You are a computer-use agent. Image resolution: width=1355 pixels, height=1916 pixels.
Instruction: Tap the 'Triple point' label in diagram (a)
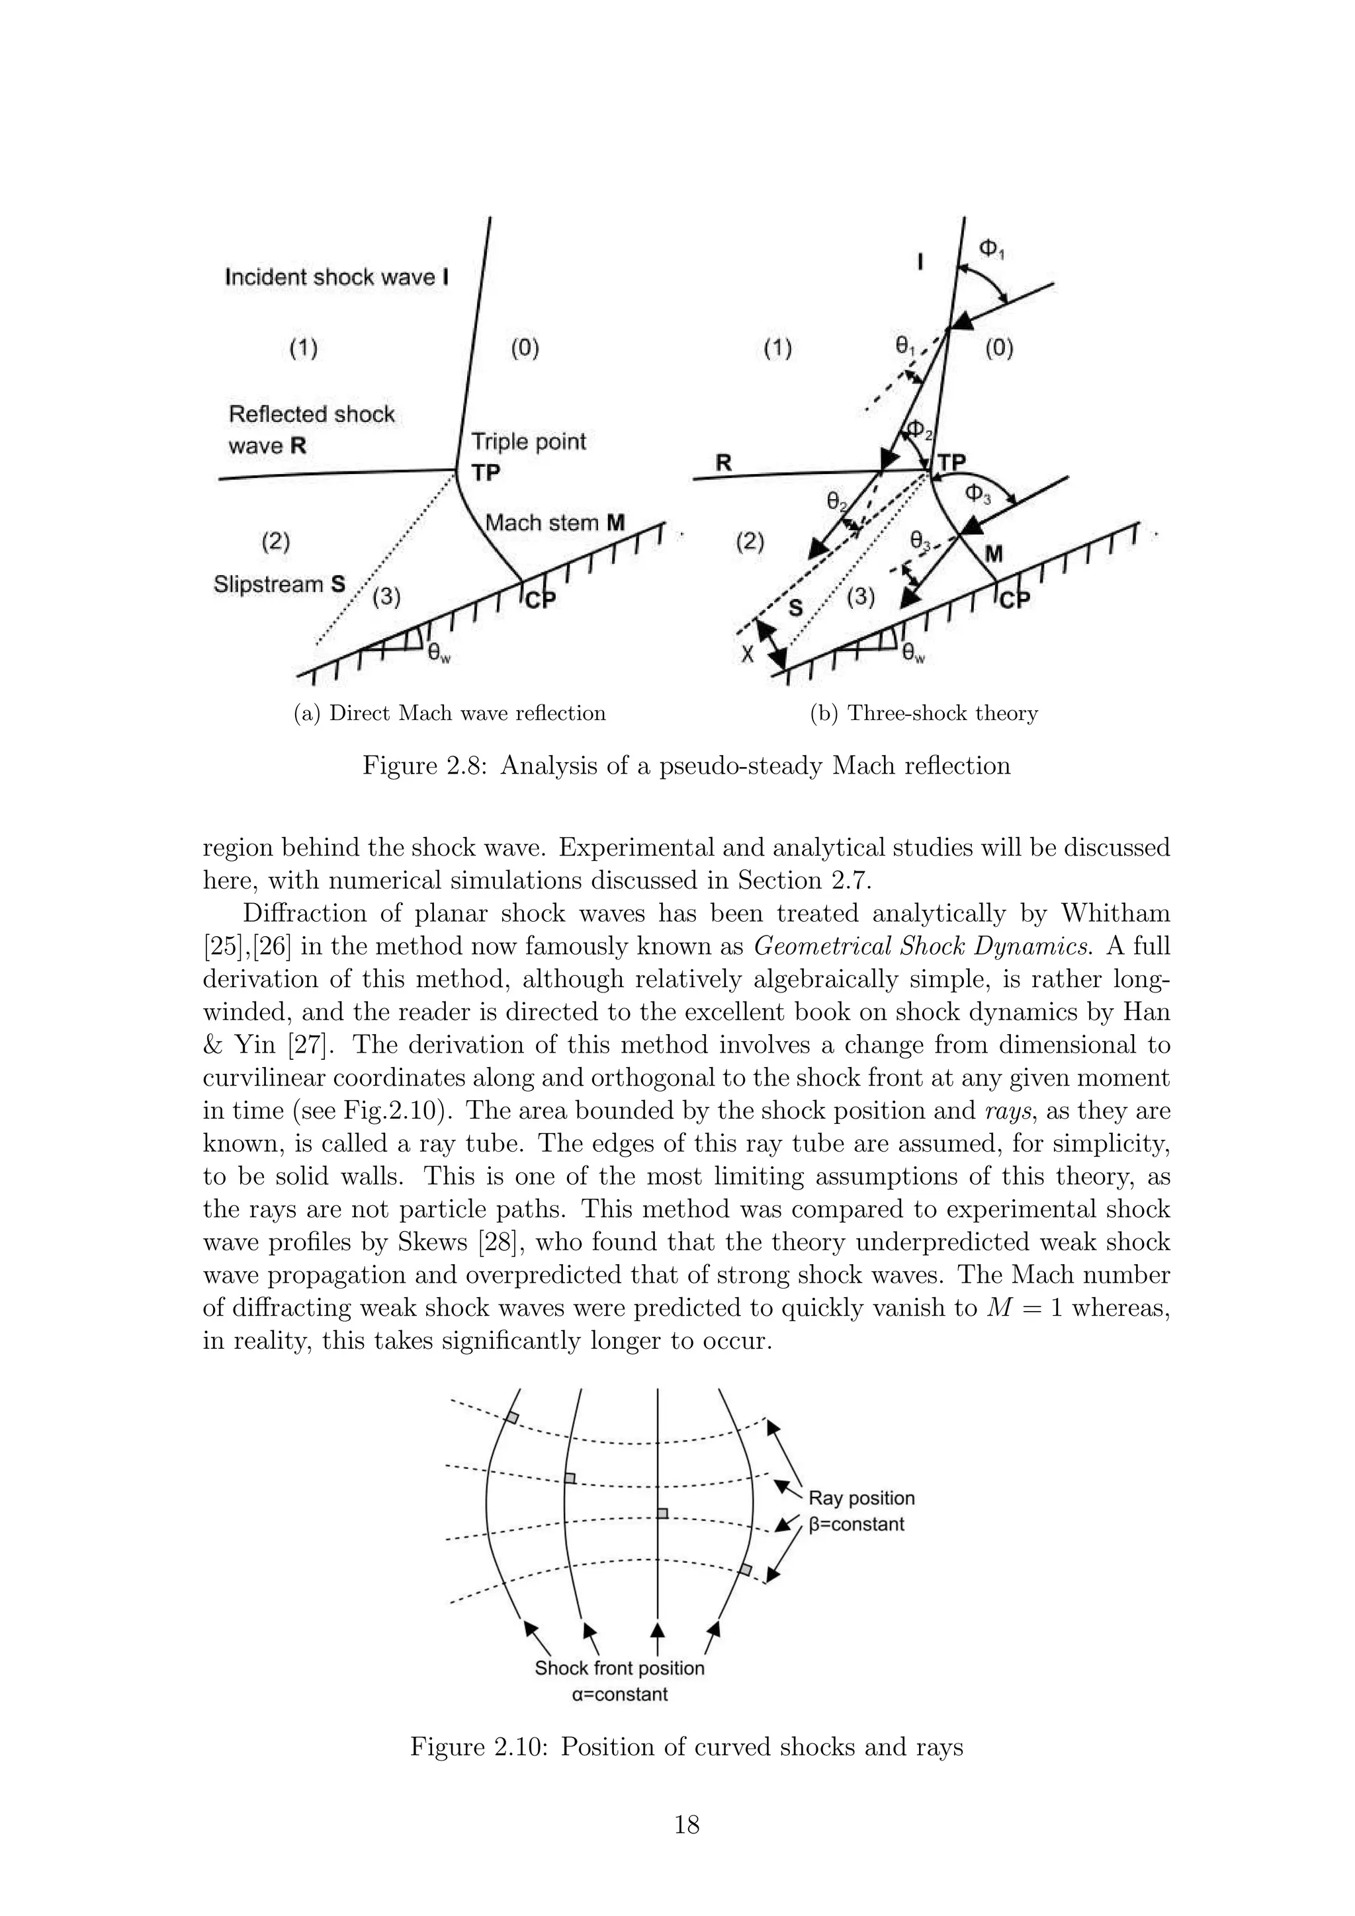pos(529,442)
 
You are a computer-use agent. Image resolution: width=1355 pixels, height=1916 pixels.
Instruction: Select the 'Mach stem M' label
pos(555,523)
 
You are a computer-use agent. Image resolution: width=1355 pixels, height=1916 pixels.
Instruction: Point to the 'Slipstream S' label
pos(279,584)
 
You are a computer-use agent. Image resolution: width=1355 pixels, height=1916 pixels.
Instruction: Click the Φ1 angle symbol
pos(990,249)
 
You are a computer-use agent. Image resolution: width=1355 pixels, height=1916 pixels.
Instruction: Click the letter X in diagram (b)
pos(748,655)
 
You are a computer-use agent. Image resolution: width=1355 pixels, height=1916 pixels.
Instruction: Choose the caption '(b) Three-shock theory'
pos(924,713)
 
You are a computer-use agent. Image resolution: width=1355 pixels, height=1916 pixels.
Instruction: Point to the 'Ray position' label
pos(861,1498)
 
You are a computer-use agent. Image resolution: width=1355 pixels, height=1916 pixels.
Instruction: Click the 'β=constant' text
pos(857,1525)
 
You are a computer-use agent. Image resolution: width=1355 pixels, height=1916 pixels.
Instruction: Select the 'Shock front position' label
pos(619,1668)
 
